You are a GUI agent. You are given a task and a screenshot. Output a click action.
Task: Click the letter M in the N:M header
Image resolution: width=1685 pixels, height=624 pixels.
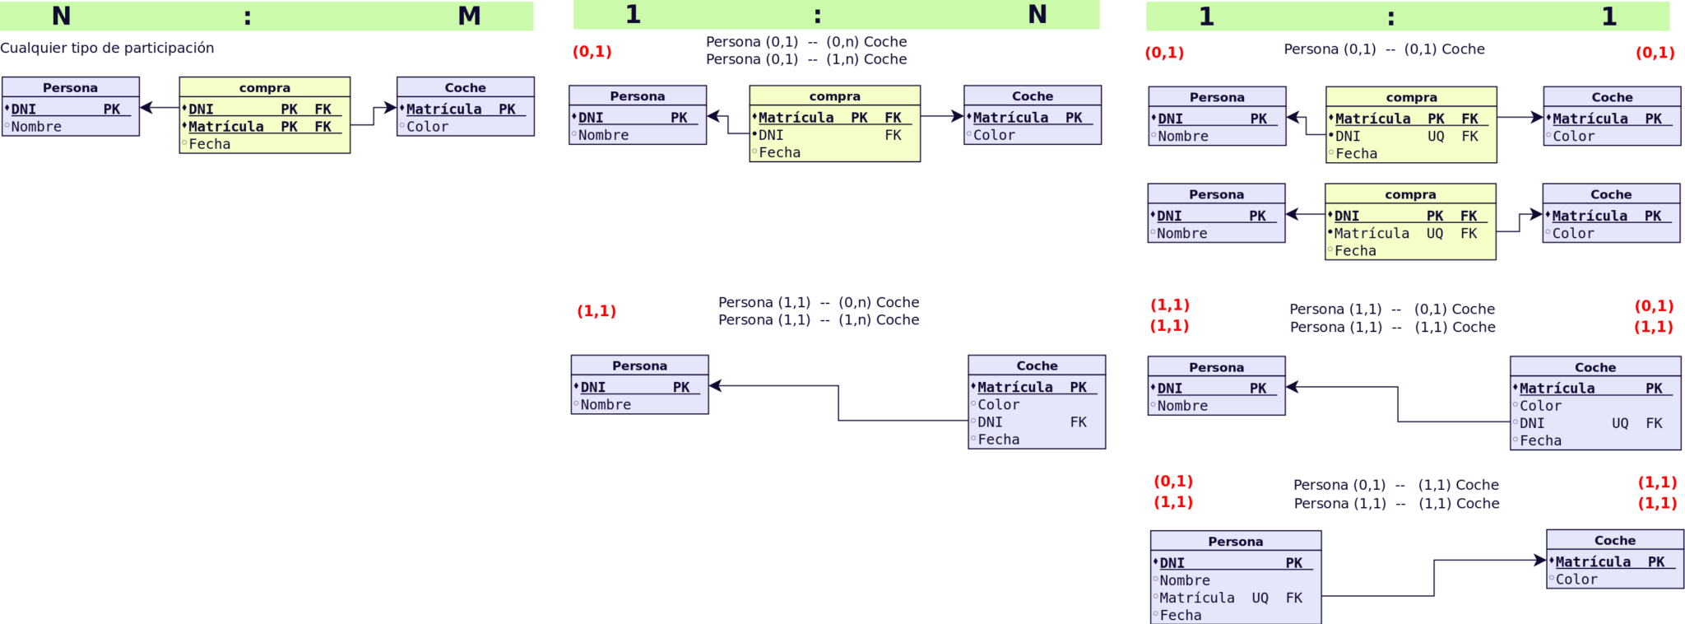(x=469, y=16)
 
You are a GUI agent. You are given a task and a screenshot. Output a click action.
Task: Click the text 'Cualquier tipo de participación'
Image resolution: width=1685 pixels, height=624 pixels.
(x=107, y=48)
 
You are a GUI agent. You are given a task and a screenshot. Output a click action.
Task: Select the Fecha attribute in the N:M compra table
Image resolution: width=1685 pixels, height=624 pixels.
(x=209, y=144)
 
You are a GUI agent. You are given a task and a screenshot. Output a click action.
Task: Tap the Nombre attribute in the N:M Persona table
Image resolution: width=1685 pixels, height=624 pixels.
(x=36, y=127)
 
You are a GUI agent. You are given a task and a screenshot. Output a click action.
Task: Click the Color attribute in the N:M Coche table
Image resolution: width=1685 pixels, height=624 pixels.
(x=427, y=127)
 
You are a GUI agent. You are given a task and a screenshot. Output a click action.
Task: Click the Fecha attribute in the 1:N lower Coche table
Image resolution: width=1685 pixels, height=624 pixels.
(x=998, y=440)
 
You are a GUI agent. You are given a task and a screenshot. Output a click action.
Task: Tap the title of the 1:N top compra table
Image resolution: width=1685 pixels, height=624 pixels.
(x=834, y=96)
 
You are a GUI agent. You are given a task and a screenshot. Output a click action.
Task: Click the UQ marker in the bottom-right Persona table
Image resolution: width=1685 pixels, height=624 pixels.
(x=1260, y=598)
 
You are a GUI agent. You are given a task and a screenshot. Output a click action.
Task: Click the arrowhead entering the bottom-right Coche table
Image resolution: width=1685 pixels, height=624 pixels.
(x=1540, y=561)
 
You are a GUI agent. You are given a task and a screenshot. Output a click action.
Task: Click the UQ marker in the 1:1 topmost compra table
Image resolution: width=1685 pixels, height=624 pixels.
(x=1436, y=137)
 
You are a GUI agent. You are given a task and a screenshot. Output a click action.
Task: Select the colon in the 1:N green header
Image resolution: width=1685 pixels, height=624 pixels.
(x=817, y=16)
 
